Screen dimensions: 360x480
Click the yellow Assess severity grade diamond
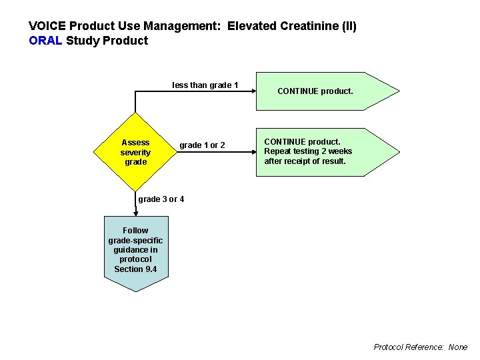[135, 152]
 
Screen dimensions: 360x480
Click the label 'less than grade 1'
[205, 85]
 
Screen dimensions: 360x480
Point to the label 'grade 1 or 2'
[202, 145]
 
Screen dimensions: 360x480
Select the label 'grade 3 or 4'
[161, 199]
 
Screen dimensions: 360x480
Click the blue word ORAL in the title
[45, 41]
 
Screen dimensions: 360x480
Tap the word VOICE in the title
[47, 26]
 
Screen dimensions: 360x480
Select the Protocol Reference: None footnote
[421, 347]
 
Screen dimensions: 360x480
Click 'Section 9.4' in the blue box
[135, 269]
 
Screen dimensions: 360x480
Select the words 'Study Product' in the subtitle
[107, 41]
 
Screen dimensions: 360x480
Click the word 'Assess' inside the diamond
[135, 142]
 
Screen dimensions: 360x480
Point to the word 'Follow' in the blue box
[135, 231]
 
